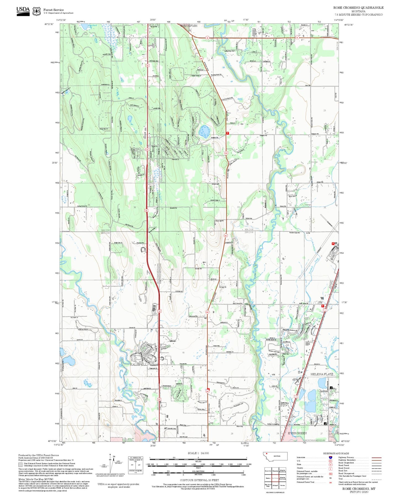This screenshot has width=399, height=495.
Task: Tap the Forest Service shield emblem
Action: [36, 11]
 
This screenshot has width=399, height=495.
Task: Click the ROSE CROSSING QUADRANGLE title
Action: [358, 8]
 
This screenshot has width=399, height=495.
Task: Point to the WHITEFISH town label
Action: [189, 26]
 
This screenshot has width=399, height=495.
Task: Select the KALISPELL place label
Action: [138, 364]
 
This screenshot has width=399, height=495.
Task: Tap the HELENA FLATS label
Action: [322, 374]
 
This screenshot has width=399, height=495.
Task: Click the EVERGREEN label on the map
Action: [297, 433]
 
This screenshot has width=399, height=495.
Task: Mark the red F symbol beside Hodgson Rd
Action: [227, 133]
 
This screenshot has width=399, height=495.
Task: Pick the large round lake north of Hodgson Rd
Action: [204, 132]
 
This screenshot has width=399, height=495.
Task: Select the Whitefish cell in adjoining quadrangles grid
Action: [275, 471]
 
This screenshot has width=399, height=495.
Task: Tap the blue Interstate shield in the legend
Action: [330, 457]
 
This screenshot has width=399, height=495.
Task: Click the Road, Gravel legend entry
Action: [344, 468]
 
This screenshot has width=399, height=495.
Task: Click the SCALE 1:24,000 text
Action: [198, 453]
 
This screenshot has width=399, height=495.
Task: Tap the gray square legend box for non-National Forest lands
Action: [20, 465]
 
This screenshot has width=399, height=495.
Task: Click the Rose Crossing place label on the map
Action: [273, 424]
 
